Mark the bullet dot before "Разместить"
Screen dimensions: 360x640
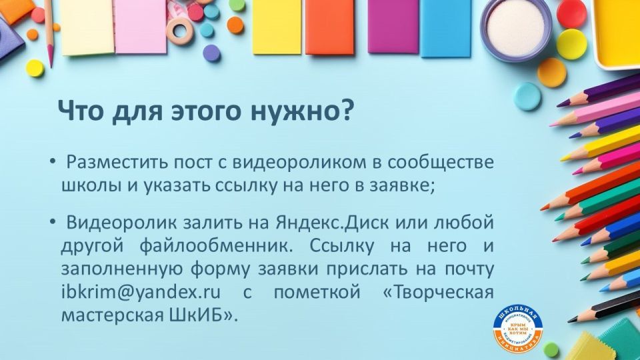(52, 162)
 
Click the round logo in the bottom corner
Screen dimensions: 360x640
(519, 329)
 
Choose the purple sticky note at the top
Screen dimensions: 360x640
(393, 27)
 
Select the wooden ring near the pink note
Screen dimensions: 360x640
(179, 30)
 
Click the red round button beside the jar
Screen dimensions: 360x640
(571, 13)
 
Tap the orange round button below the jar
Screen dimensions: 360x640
(552, 72)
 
